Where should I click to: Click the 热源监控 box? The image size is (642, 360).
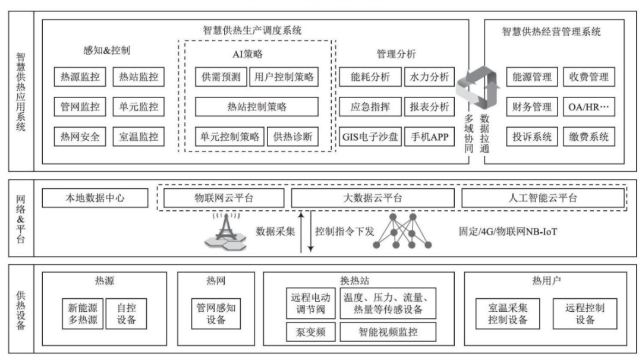(x=80, y=77)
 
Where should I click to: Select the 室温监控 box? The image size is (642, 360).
(x=139, y=137)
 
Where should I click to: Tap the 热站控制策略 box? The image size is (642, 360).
(x=257, y=107)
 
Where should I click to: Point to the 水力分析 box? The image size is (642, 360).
(x=429, y=77)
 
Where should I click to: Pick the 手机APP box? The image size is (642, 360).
(x=429, y=137)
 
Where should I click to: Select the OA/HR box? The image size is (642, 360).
(x=587, y=108)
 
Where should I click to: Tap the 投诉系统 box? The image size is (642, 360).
(x=532, y=137)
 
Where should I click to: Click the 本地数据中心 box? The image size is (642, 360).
(x=96, y=198)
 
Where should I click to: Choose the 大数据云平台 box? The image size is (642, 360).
(x=372, y=198)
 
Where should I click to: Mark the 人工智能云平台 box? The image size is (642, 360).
(x=543, y=198)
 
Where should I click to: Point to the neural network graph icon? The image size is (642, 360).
(x=410, y=232)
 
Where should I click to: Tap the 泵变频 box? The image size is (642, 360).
(x=311, y=331)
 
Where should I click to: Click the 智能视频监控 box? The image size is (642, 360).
(x=388, y=331)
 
